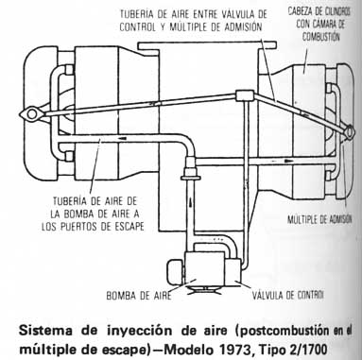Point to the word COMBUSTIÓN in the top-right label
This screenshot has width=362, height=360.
(315, 31)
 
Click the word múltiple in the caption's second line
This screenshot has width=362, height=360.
(47, 343)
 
